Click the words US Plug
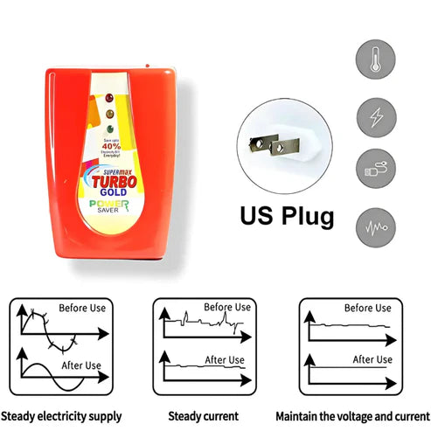pos(287,214)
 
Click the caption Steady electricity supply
pos(61,416)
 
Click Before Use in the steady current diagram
pos(227,307)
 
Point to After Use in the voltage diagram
pos(372,359)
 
